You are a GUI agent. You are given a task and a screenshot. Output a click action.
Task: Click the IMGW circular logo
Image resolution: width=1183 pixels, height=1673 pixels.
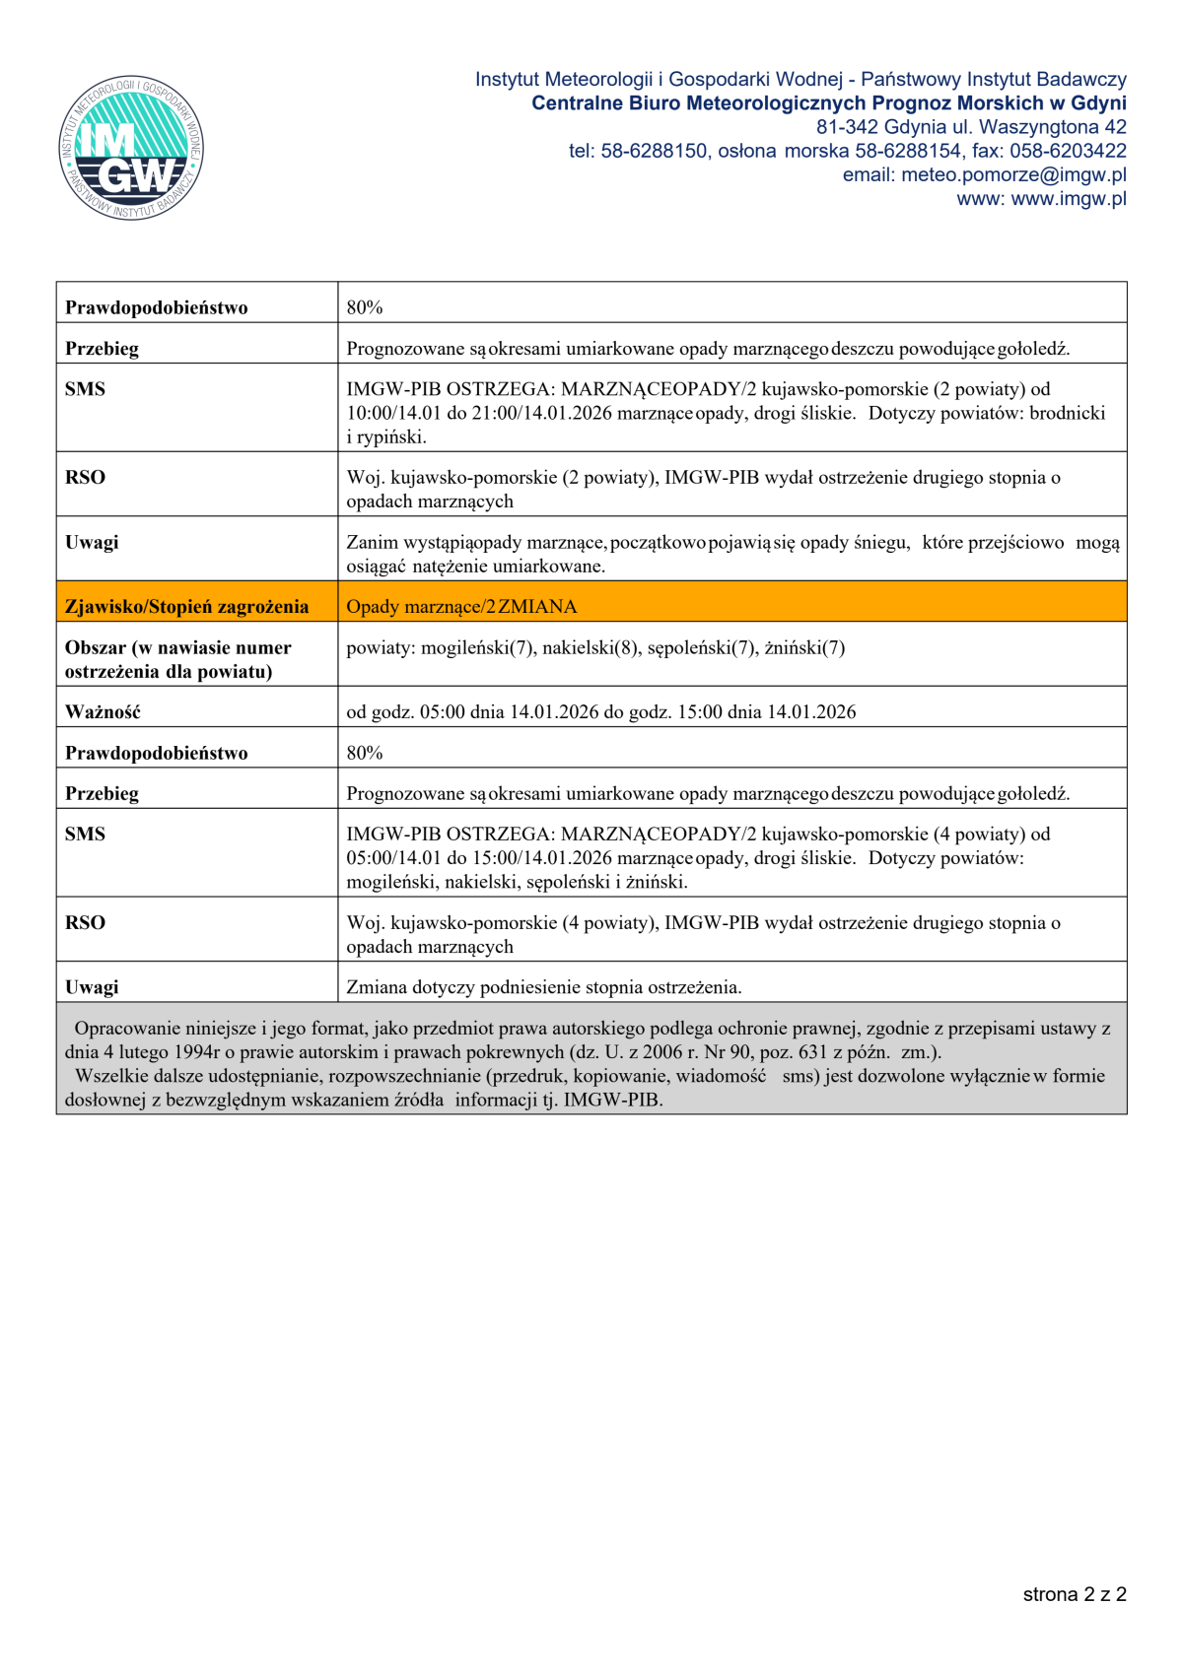point(131,149)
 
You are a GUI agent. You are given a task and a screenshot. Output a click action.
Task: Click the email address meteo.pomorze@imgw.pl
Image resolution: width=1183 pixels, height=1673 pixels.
point(1013,174)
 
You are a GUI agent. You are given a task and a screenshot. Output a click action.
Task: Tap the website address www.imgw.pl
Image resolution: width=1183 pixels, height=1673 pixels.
point(1069,199)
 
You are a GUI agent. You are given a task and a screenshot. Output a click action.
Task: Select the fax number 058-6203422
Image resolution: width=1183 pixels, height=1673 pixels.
point(1068,151)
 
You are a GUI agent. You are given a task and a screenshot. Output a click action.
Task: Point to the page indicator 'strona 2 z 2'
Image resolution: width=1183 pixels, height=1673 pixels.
point(1074,1594)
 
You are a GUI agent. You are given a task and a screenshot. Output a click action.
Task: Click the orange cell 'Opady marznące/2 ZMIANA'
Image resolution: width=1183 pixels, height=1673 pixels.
point(461,606)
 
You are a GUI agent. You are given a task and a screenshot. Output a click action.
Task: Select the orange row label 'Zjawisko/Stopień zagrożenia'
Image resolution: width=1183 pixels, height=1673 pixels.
point(186,606)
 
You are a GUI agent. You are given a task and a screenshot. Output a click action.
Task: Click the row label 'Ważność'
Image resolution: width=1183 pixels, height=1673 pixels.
point(103,711)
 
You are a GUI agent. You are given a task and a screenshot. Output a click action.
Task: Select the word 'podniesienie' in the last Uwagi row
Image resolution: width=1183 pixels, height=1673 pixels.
point(530,987)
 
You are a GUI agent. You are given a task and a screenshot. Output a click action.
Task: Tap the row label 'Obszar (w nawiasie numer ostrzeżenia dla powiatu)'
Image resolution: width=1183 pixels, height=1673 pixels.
point(177,659)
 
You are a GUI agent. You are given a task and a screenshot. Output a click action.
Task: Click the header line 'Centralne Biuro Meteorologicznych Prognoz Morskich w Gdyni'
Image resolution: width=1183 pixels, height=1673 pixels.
point(828,103)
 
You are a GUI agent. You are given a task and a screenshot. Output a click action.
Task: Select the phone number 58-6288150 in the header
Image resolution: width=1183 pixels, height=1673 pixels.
point(654,151)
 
